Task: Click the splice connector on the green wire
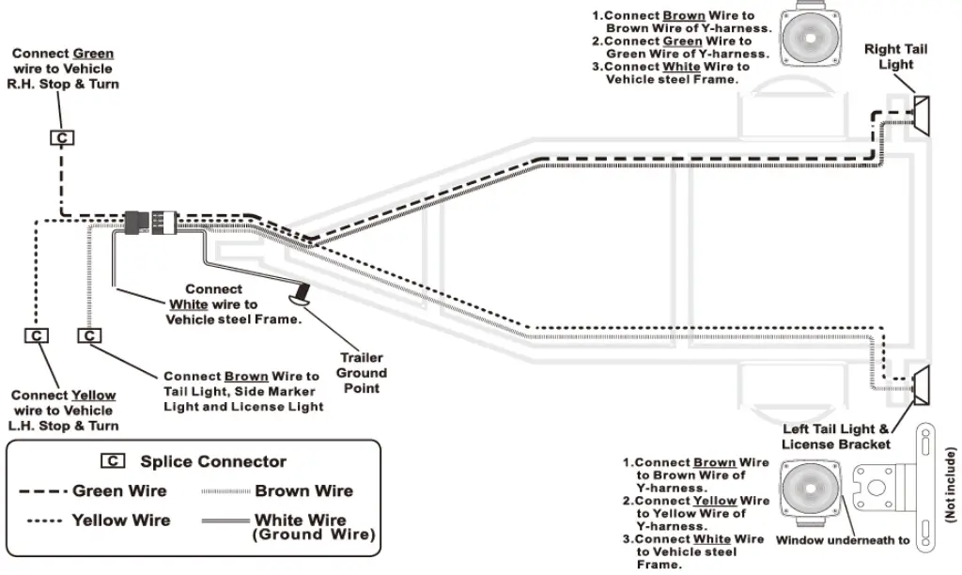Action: point(62,138)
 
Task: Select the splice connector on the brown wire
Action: point(89,335)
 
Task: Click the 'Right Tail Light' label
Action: point(895,56)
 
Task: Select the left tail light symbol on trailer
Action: point(921,383)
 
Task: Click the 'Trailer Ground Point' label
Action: point(361,373)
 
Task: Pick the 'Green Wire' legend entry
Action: point(119,490)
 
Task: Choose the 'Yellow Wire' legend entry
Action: point(120,520)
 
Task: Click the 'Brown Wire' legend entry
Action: point(303,490)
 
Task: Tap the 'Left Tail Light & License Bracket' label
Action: point(835,436)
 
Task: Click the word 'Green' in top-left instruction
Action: point(93,54)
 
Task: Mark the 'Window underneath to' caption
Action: point(842,540)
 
